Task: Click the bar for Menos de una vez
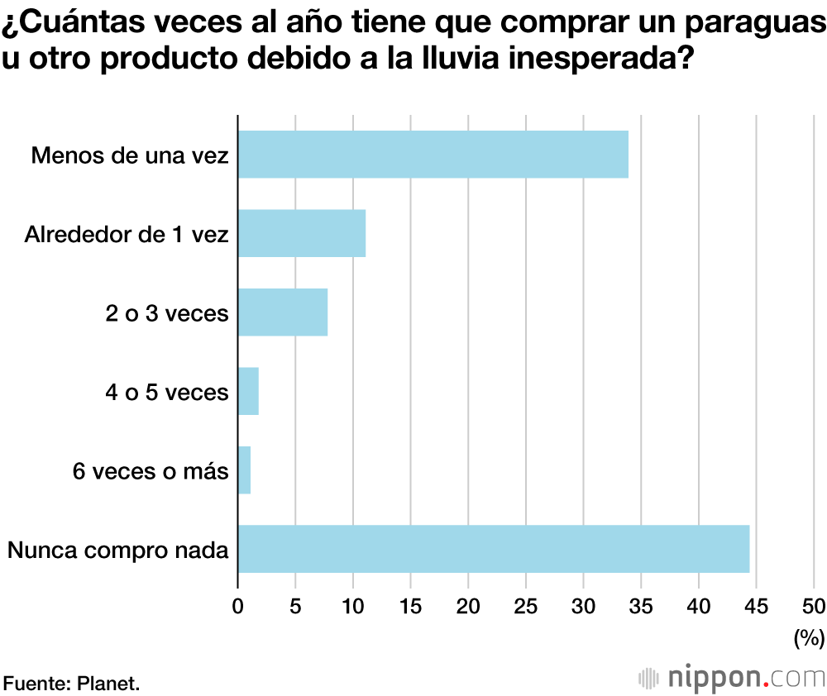coord(433,155)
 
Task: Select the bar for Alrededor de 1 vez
coord(302,233)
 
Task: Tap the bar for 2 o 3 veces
coord(283,312)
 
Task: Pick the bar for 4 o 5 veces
coord(248,391)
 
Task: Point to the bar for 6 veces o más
coord(244,470)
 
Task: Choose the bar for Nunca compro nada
coord(493,549)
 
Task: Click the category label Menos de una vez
coord(129,155)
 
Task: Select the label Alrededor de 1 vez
coord(126,234)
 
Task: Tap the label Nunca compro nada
coord(117,550)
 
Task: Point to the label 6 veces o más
coord(150,471)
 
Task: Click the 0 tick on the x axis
coord(238,606)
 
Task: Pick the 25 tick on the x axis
coord(526,606)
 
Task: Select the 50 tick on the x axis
coord(814,606)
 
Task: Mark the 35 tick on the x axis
coord(641,606)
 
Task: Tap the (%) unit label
coord(809,637)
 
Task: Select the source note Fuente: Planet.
coord(72,683)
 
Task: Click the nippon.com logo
coord(732,678)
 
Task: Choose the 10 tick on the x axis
coord(353,606)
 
